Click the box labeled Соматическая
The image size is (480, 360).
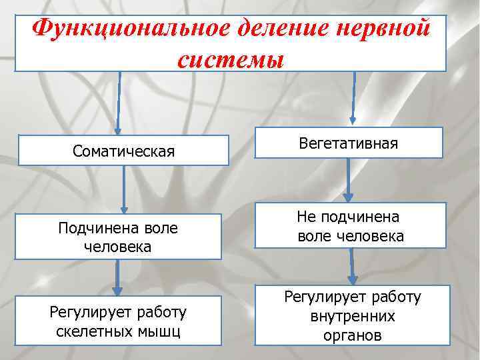click(x=123, y=151)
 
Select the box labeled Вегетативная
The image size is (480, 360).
click(x=349, y=143)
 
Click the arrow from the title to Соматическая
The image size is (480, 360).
click(x=119, y=103)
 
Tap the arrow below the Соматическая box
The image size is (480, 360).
click(x=123, y=189)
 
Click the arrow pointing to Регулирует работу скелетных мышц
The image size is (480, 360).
click(x=118, y=277)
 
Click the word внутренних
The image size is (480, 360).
click(x=352, y=316)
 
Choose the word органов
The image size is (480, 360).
click(x=352, y=335)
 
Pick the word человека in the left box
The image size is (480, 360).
click(x=118, y=247)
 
